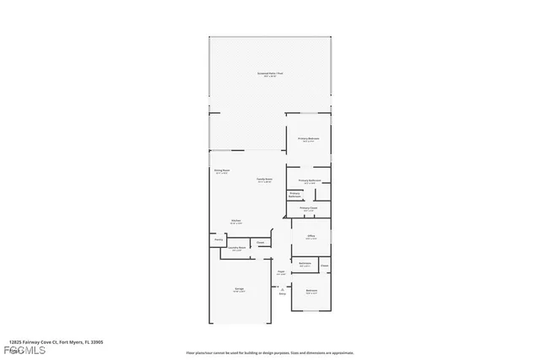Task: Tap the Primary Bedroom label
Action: tap(308, 139)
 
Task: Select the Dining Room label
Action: tap(221, 171)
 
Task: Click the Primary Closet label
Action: tap(308, 208)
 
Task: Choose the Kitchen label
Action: tap(237, 222)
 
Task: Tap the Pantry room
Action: tap(218, 240)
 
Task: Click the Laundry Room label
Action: tap(237, 248)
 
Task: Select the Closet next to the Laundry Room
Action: tap(261, 243)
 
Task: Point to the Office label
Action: tap(310, 237)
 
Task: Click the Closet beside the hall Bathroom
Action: tap(324, 266)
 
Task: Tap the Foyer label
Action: tap(281, 271)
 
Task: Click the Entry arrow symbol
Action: tap(282, 287)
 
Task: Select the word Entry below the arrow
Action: tap(282, 294)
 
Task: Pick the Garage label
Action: tap(239, 290)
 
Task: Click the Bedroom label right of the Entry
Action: tap(311, 292)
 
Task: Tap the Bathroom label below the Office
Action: tap(305, 264)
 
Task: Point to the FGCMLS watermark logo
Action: tap(19, 351)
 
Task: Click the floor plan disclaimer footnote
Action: tap(270, 352)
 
